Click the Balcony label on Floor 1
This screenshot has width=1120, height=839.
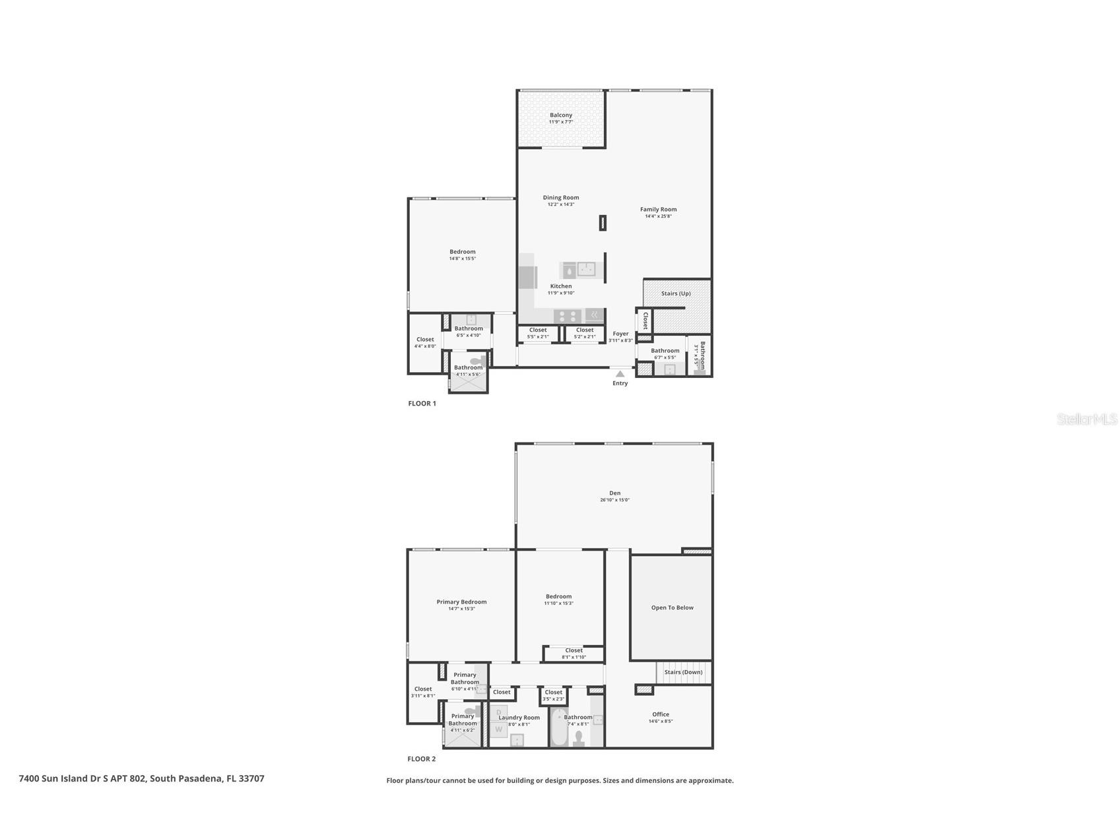(561, 115)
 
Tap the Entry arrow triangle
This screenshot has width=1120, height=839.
(620, 374)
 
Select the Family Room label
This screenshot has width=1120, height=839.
(658, 209)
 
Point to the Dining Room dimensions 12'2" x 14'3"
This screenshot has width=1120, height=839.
(561, 204)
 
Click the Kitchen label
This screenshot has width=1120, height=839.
(561, 286)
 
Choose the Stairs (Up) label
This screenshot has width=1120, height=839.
(676, 294)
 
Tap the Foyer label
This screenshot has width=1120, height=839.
(620, 334)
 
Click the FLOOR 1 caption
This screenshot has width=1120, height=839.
(422, 404)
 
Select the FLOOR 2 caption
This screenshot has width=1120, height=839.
(422, 759)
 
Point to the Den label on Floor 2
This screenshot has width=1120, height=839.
(614, 493)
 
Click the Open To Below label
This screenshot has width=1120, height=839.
(672, 607)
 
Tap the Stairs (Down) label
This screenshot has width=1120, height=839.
(683, 672)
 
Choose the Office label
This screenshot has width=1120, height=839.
(661, 714)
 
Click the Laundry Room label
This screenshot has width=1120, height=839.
(519, 718)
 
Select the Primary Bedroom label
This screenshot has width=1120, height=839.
(461, 602)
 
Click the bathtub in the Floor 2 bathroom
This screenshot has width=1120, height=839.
(559, 729)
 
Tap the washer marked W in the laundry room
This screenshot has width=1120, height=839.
(499, 730)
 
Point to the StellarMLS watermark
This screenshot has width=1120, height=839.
(1086, 419)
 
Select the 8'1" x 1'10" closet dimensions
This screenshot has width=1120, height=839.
(574, 657)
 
